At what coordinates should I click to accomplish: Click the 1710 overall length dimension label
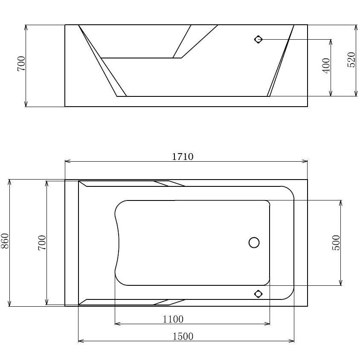click(183, 157)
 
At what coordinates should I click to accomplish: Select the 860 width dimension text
click(5, 242)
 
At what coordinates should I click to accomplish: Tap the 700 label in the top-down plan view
click(42, 242)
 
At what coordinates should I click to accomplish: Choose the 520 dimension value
click(351, 60)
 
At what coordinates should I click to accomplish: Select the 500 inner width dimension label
click(336, 242)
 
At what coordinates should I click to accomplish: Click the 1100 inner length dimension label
click(173, 319)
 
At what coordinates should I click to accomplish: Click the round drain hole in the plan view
click(254, 243)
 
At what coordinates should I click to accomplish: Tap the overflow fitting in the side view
click(258, 40)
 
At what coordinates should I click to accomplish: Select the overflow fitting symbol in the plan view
click(258, 293)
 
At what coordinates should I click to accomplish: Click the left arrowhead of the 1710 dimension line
click(67, 161)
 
